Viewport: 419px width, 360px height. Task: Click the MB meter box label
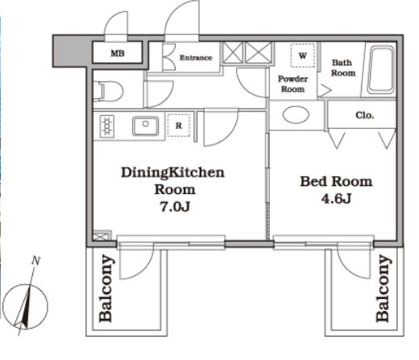point(118,53)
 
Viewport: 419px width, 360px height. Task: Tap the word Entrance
point(196,57)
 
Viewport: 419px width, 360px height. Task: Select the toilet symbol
point(108,91)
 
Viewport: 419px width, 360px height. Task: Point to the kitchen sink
point(145,126)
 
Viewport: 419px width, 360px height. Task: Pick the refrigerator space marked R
point(179,125)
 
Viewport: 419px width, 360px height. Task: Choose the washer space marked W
point(303,56)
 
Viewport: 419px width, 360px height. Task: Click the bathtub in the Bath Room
point(381,70)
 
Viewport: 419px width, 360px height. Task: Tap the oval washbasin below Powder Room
point(296,114)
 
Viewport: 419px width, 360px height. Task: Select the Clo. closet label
point(365,115)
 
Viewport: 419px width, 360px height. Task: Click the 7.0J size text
point(175,206)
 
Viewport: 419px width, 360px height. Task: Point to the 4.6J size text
point(336,199)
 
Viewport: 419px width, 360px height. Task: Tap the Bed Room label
point(336,181)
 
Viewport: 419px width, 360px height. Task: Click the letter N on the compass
point(35,261)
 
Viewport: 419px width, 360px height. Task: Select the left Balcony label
point(106,288)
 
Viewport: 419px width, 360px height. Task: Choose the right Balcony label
point(383,288)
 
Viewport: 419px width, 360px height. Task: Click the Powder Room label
point(292,84)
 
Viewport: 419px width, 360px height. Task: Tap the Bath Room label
point(343,68)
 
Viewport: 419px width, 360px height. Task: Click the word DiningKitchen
point(172,172)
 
